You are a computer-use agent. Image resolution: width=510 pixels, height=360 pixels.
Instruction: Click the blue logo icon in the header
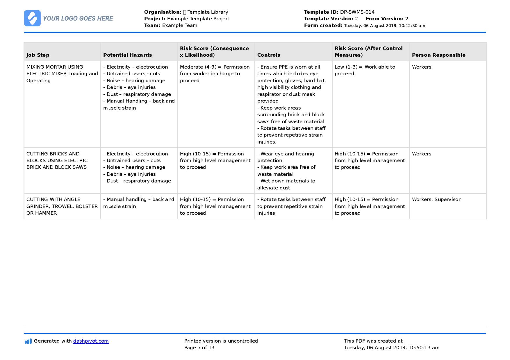32,18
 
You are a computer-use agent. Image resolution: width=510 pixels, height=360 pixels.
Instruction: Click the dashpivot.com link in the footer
91,341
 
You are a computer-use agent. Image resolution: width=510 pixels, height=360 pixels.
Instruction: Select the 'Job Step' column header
38,55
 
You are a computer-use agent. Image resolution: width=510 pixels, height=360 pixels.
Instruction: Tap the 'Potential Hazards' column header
127,55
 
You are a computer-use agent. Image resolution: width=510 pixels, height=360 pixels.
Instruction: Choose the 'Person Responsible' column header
438,55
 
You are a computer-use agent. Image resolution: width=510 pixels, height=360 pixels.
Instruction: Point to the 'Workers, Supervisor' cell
436,199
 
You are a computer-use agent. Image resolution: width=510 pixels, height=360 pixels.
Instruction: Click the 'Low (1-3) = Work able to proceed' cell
365,70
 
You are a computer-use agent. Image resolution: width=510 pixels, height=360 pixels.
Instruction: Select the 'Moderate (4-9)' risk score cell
215,74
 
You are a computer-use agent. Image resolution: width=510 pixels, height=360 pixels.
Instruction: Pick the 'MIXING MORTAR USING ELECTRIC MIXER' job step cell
62,74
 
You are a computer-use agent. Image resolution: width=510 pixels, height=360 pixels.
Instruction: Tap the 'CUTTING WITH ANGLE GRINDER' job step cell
62,206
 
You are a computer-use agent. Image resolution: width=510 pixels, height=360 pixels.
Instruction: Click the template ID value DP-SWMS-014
357,12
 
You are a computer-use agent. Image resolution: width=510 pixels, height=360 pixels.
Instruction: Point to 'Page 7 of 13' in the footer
199,348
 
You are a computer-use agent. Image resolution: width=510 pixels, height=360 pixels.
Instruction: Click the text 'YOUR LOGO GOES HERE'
78,19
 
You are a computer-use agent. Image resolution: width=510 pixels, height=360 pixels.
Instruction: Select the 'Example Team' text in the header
179,25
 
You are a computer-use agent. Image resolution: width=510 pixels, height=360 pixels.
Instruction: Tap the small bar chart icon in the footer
28,341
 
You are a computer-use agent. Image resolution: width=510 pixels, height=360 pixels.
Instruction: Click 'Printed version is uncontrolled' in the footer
221,341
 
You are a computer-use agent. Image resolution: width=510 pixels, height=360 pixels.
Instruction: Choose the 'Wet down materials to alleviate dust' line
286,184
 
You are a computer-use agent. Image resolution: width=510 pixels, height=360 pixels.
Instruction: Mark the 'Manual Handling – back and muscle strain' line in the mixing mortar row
139,104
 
